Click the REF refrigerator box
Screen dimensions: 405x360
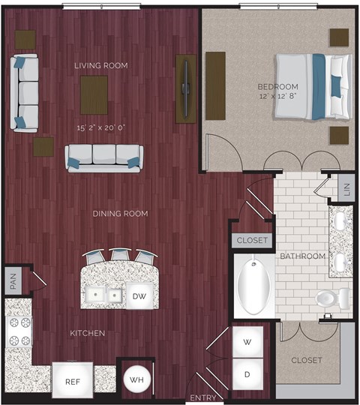click(72, 381)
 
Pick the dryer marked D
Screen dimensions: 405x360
click(247, 373)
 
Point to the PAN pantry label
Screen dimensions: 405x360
click(13, 282)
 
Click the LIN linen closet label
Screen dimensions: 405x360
click(345, 190)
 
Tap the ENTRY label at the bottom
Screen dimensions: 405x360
click(203, 397)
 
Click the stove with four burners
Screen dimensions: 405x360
click(19, 331)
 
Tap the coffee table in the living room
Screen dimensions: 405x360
click(94, 94)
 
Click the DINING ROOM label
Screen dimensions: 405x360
click(120, 214)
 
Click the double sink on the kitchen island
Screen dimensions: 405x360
click(103, 295)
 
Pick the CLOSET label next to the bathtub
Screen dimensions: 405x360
click(250, 241)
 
